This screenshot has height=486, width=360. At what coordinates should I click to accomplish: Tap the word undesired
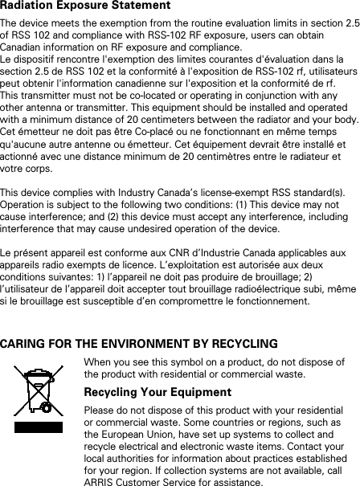click(166, 229)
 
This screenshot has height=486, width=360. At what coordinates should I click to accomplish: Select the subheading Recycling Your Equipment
click(157, 393)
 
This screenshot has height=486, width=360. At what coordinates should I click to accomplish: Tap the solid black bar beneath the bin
click(38, 447)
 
